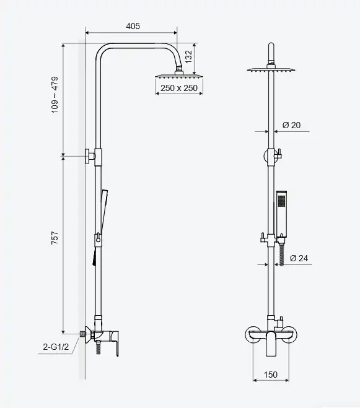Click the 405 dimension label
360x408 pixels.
(133, 26)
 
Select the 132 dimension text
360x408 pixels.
(188, 56)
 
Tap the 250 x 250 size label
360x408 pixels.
(179, 88)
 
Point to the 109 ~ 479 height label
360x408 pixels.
(55, 95)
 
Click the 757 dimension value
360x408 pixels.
(55, 238)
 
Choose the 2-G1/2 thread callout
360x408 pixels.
(56, 347)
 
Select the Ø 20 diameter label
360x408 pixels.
(291, 125)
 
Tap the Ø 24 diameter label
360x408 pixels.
(299, 258)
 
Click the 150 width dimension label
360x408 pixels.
(270, 375)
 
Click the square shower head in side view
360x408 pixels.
(179, 76)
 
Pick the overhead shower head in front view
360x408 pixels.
(271, 70)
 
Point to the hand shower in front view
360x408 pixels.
(281, 214)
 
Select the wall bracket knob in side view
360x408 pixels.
(90, 157)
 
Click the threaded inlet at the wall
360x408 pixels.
(84, 333)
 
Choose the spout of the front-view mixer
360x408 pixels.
(271, 344)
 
